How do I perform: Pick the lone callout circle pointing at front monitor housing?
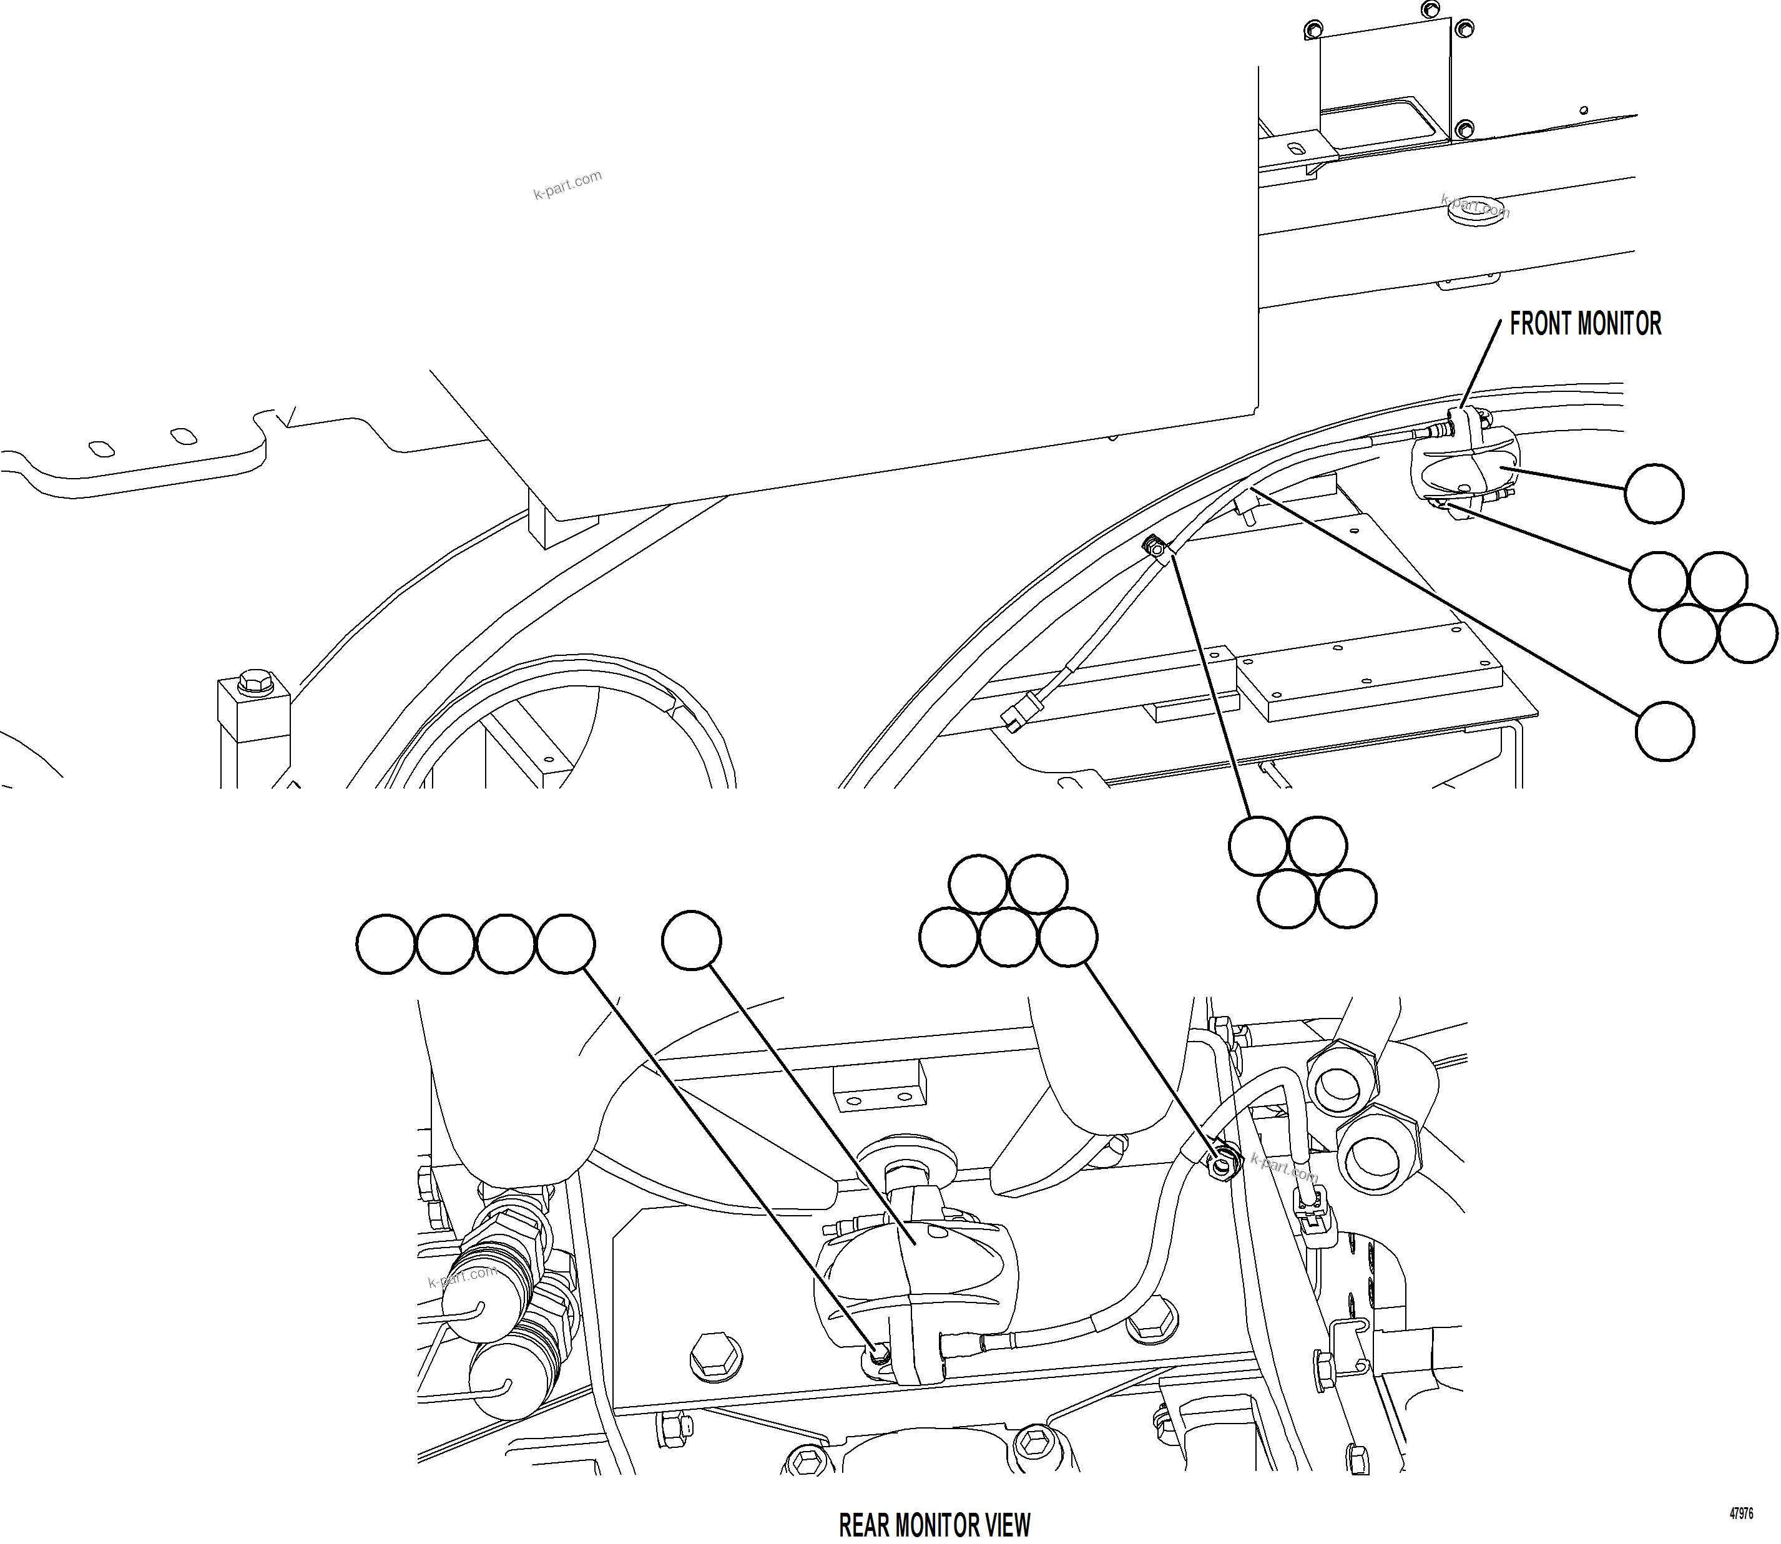click(1654, 494)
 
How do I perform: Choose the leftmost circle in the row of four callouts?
click(386, 944)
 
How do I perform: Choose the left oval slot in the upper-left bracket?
click(101, 448)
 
